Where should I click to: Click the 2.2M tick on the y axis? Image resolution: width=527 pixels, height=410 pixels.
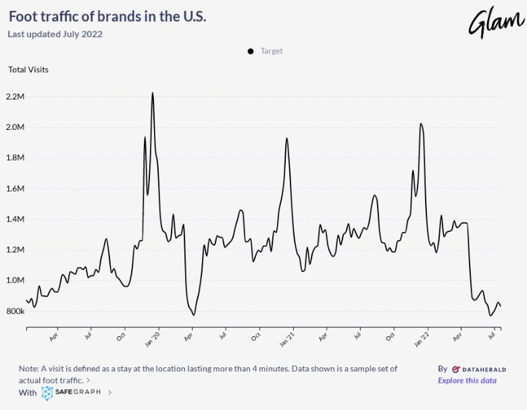tap(15, 97)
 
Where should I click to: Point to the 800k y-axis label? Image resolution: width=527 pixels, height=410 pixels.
tap(15, 311)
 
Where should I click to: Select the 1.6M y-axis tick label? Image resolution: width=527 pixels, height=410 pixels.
tap(15, 189)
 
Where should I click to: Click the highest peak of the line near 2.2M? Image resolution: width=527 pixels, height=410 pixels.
tap(153, 93)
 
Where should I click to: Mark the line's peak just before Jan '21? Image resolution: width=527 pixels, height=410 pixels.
tap(287, 138)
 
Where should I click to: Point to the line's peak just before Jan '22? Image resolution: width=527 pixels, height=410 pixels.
tap(421, 124)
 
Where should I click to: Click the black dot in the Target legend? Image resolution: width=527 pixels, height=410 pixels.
tap(251, 51)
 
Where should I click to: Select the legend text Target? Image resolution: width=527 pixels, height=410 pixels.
tap(272, 51)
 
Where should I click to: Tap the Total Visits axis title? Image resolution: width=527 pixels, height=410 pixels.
tap(28, 70)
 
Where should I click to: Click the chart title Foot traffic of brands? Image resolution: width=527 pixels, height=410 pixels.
tap(107, 16)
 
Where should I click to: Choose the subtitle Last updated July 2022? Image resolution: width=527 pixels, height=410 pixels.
tap(55, 35)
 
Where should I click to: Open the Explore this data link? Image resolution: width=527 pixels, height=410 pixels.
tap(467, 380)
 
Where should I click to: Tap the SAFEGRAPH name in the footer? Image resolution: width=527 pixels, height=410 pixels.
tap(79, 392)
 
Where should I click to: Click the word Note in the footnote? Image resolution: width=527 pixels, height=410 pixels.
tap(29, 369)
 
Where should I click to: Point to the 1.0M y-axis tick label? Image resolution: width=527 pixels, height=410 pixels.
tap(15, 281)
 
